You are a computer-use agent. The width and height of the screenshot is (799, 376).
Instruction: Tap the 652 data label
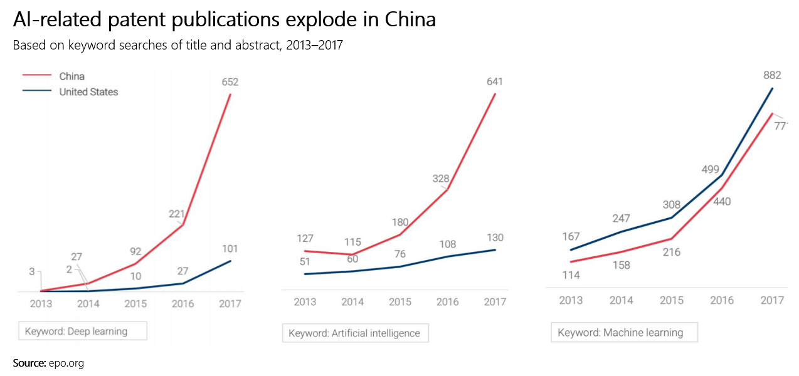click(230, 82)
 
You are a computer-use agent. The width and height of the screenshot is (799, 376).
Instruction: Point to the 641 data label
click(494, 81)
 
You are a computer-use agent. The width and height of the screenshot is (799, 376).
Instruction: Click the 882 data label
click(772, 75)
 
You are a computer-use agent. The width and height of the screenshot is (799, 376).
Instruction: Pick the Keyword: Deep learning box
click(83, 331)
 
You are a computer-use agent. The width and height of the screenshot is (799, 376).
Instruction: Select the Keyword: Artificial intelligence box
click(355, 333)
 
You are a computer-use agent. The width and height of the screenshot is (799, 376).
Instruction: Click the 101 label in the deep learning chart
click(230, 249)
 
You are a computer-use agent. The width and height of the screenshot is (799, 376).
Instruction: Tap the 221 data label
click(177, 214)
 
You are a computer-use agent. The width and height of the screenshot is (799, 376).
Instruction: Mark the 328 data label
click(441, 179)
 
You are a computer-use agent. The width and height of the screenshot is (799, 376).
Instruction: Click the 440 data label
click(721, 202)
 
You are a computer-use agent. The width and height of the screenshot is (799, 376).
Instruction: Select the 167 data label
click(571, 237)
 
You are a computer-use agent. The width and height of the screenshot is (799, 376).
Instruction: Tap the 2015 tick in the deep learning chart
click(135, 304)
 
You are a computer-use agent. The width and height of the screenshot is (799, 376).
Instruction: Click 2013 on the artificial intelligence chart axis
click(305, 302)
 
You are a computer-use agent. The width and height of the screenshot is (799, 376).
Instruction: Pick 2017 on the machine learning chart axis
click(772, 301)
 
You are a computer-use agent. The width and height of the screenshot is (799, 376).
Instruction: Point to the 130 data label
click(494, 238)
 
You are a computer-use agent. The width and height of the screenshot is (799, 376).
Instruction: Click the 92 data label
click(135, 251)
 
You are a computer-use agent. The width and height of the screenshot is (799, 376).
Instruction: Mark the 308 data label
click(671, 204)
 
